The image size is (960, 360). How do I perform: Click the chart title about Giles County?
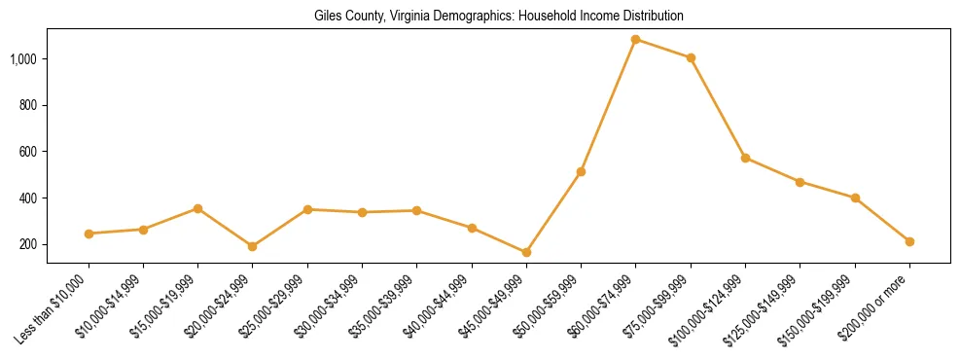(x=499, y=17)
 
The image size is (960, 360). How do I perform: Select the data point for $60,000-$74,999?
(x=636, y=40)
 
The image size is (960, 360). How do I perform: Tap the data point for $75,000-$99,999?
(x=691, y=57)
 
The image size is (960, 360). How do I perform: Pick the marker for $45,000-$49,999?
(x=526, y=252)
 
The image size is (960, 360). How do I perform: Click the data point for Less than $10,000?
(x=89, y=234)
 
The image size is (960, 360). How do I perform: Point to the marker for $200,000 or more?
(x=909, y=241)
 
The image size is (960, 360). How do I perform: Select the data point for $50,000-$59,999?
(x=581, y=172)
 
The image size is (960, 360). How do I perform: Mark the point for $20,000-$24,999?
(x=253, y=246)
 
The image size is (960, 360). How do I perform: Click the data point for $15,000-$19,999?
(x=197, y=208)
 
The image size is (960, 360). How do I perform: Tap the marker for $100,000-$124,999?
(x=745, y=158)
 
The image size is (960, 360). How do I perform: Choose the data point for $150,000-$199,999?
(x=855, y=198)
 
